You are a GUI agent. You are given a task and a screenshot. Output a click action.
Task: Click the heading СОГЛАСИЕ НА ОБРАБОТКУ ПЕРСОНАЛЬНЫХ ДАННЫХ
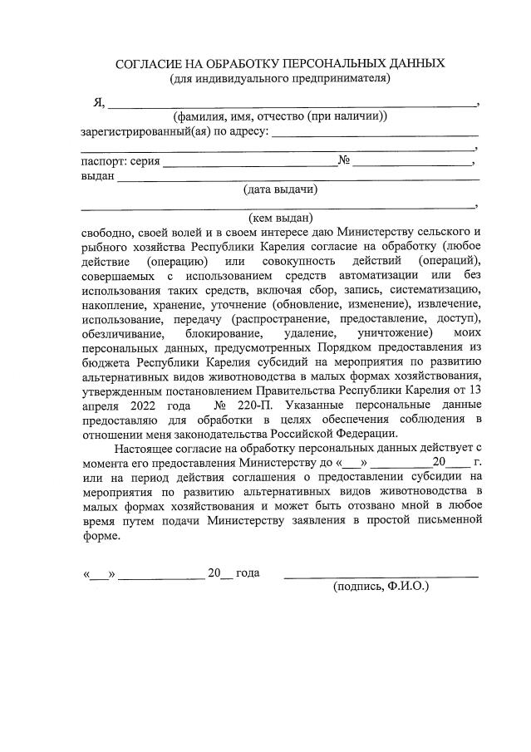pos(280,63)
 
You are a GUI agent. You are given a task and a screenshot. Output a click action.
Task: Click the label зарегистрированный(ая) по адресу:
pos(174,132)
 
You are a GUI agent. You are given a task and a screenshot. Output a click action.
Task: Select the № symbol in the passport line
pos(343,160)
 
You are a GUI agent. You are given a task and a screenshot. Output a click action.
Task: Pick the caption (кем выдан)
pos(280,218)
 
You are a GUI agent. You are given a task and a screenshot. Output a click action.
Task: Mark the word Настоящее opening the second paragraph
pos(146,448)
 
